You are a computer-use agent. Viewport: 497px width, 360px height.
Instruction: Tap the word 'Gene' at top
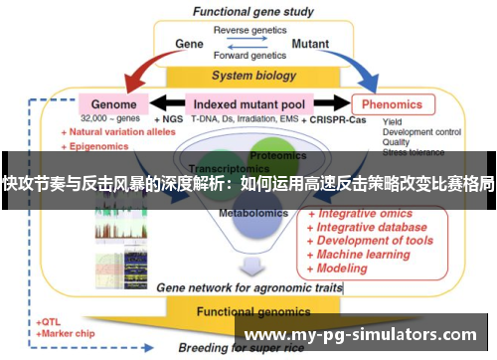pyautogui.click(x=189, y=45)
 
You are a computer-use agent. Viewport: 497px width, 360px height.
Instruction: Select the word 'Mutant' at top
pyautogui.click(x=310, y=45)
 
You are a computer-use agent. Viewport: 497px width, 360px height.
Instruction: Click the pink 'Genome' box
pyautogui.click(x=113, y=103)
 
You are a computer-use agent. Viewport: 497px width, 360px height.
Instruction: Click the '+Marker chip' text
pyautogui.click(x=66, y=334)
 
